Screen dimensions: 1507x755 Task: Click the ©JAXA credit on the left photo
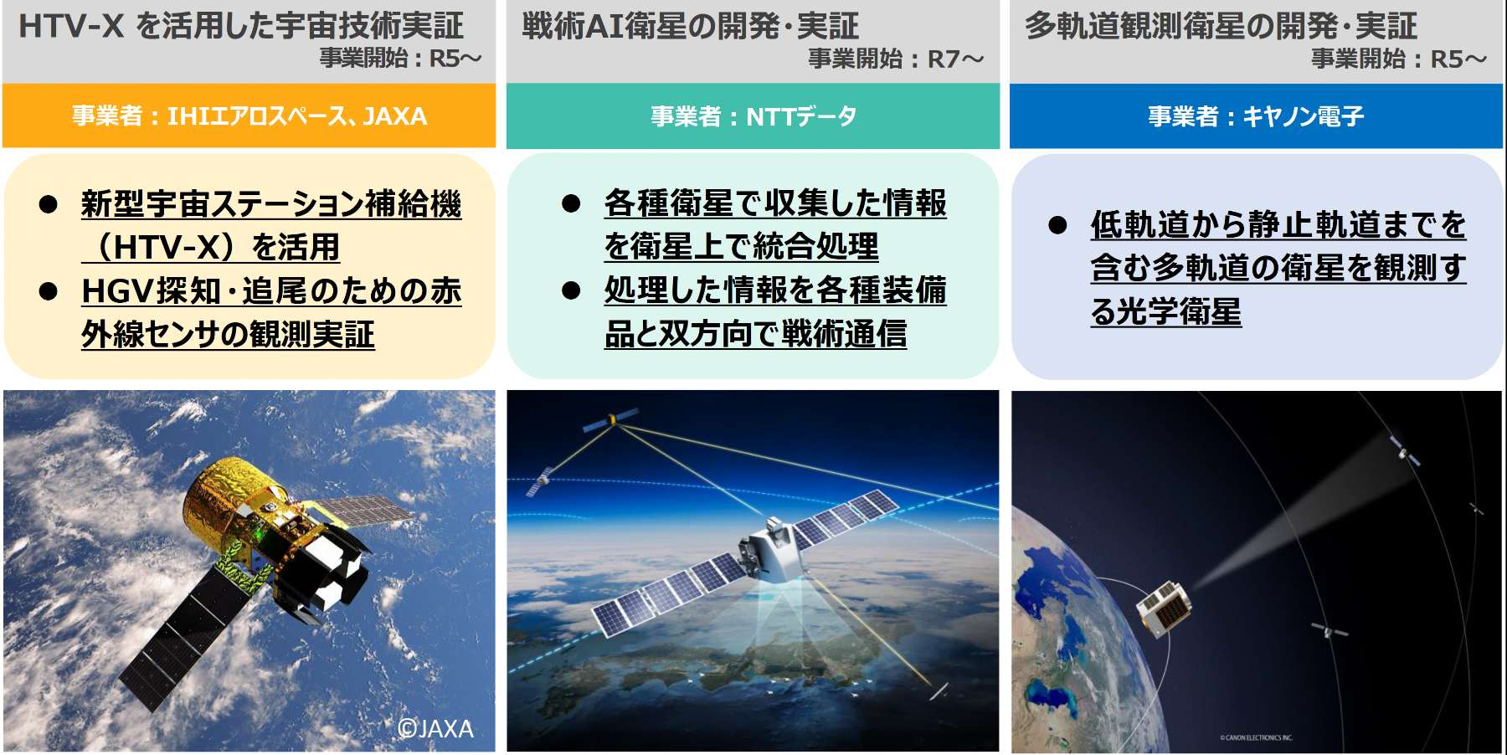(x=435, y=729)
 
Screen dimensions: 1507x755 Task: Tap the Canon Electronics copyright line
(x=1256, y=737)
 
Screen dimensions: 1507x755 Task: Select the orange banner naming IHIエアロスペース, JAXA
(x=249, y=116)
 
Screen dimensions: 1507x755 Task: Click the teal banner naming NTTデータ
(x=753, y=116)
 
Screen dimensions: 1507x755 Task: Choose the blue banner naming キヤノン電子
(x=1256, y=116)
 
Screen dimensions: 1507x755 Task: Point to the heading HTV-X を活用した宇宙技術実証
(x=241, y=25)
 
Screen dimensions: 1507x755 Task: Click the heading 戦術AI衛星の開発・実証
(x=691, y=25)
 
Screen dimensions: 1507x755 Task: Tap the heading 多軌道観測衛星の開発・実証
(x=1221, y=25)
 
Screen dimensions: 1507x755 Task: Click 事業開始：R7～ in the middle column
(x=896, y=59)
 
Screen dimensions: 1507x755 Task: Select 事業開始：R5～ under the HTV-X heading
(x=401, y=58)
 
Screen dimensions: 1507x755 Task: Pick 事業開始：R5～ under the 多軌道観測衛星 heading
(x=1399, y=59)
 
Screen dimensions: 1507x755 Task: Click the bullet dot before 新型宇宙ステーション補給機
(x=49, y=204)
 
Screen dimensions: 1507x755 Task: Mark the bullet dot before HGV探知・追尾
(x=49, y=291)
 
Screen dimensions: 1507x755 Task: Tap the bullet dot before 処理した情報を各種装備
(x=572, y=290)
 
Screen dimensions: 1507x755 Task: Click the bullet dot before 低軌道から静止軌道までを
(x=1058, y=225)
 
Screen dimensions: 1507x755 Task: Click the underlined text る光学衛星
(x=1165, y=311)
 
